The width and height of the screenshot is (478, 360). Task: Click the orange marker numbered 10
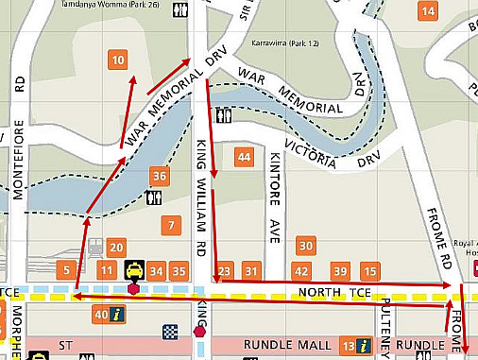point(118,60)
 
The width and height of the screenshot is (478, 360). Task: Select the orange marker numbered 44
point(245,157)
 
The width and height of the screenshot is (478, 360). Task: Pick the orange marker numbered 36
point(160,176)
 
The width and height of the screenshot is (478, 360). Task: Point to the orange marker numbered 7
point(170,226)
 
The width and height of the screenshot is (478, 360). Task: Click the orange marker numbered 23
point(224,272)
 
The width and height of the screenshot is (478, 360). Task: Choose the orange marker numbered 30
point(305,246)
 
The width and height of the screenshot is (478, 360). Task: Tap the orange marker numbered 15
point(370,272)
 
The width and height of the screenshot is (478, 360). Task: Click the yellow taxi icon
point(135,271)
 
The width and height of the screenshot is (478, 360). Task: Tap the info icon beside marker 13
point(363,345)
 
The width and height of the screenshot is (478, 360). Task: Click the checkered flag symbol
point(170,331)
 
